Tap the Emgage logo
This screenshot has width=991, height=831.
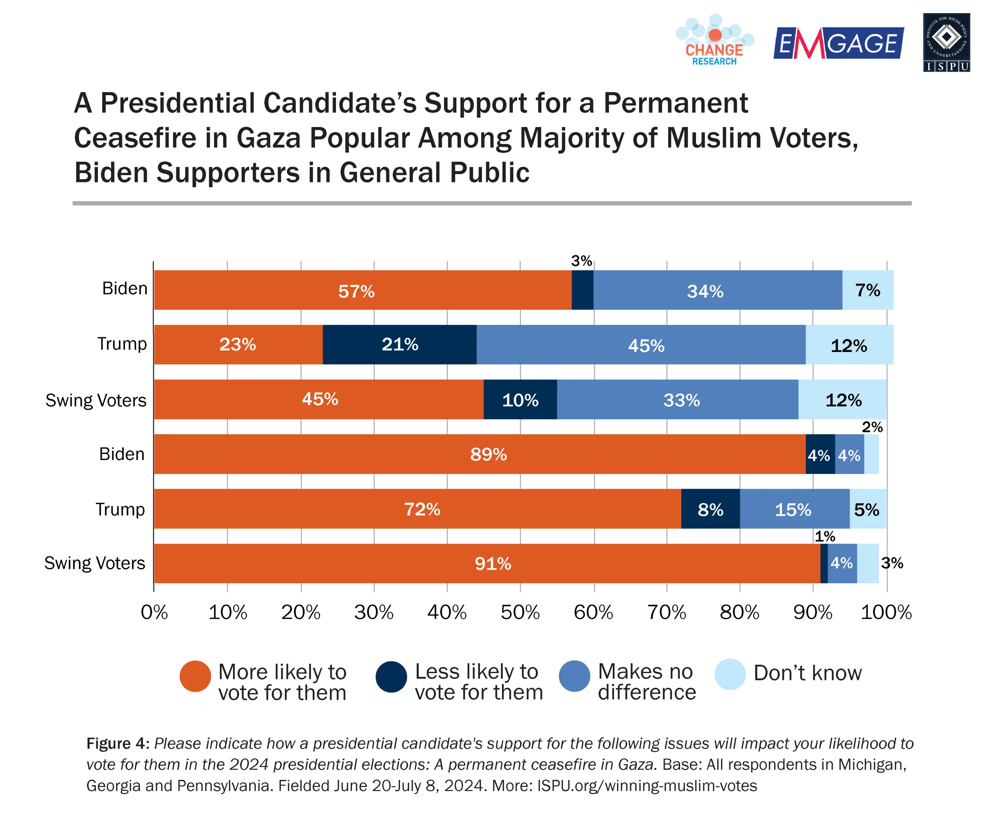(x=838, y=43)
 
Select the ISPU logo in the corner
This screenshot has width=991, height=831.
(x=946, y=43)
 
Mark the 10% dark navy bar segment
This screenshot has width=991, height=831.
(x=520, y=400)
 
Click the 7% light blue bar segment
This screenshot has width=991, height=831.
(x=868, y=290)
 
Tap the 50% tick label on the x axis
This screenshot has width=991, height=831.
(x=520, y=612)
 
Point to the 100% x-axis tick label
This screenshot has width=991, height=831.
(x=886, y=612)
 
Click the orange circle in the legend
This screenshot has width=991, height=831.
(x=195, y=676)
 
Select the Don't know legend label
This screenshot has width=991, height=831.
(x=808, y=673)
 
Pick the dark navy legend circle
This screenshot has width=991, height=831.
(x=391, y=676)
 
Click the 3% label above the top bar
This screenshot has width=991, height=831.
(x=581, y=261)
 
